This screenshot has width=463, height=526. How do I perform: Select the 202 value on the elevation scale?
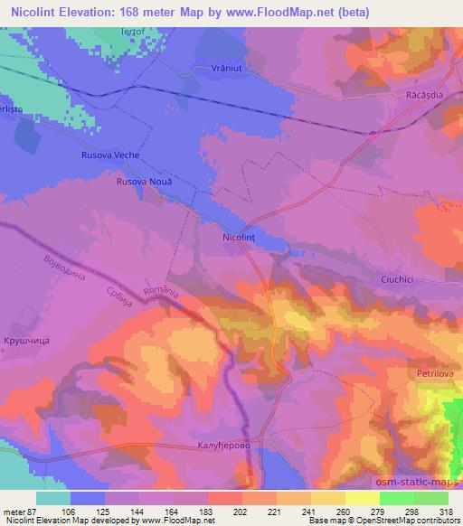point(241,512)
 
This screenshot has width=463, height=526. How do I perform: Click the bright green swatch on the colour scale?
point(397,498)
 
